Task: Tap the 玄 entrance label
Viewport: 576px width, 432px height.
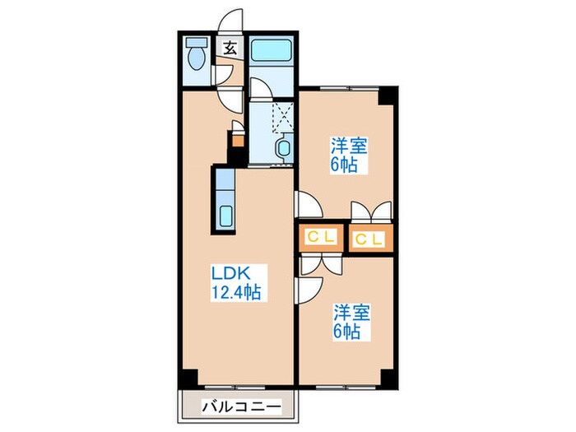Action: pyautogui.click(x=229, y=48)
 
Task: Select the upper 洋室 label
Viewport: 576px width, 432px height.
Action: pyautogui.click(x=348, y=146)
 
